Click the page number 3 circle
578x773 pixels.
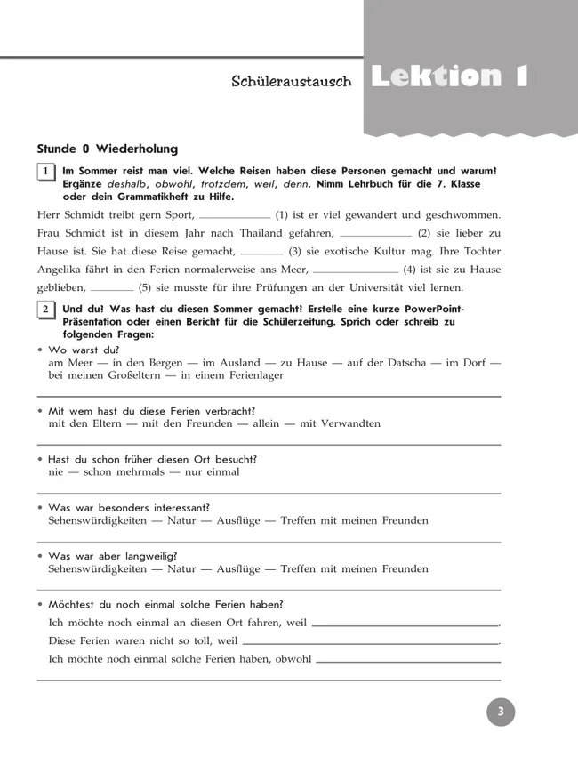[501, 712]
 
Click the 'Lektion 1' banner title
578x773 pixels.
[449, 76]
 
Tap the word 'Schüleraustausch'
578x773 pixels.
[292, 82]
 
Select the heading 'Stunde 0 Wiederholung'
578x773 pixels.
[108, 149]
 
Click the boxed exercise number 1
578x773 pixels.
[45, 172]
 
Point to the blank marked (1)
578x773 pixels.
[235, 214]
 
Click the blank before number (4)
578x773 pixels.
[356, 269]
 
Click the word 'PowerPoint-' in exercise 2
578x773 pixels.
[434, 309]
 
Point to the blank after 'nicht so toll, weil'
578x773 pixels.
[370, 640]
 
